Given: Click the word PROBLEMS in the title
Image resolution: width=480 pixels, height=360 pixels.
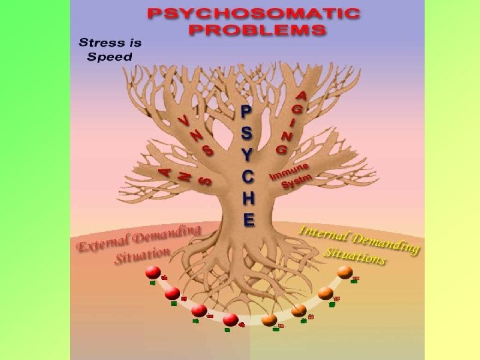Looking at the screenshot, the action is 257,29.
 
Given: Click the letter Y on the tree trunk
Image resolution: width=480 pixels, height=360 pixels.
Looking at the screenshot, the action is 247,155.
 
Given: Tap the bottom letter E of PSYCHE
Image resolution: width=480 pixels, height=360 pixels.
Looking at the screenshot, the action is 248,219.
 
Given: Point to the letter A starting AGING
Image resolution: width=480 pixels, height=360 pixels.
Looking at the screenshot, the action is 302,97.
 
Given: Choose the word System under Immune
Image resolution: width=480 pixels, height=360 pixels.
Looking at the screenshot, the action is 297,181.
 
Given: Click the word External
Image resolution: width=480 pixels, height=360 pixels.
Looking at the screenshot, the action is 101,244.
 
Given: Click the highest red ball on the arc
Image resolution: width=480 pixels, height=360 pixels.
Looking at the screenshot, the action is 153,272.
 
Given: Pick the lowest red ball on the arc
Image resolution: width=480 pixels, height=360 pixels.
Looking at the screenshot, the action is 231,319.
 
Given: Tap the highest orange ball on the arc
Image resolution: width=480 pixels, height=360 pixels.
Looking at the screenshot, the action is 345,271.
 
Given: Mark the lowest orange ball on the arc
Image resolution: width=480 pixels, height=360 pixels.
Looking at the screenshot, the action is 269,320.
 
